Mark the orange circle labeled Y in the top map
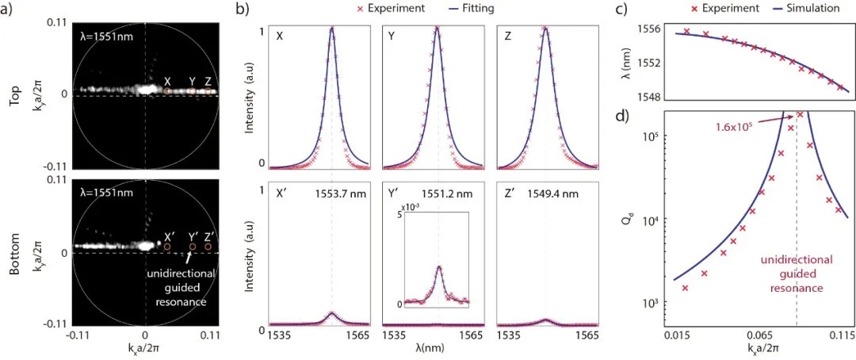pyautogui.click(x=191, y=92)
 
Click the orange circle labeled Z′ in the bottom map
pyautogui.click(x=208, y=247)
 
